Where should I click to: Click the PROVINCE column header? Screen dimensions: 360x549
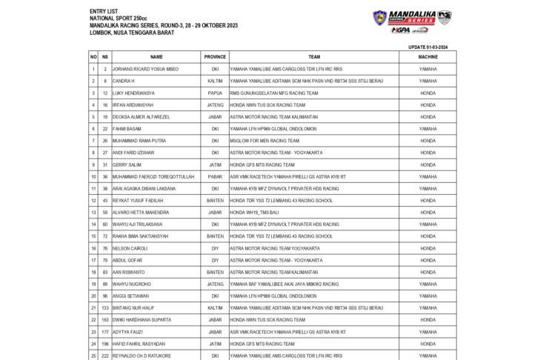tap(215, 56)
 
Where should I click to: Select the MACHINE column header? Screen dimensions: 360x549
tap(427, 56)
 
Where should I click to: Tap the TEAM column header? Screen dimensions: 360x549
tap(314, 56)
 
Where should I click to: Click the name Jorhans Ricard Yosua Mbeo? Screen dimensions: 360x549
tap(145, 69)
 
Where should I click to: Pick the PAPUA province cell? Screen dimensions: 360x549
tap(215, 93)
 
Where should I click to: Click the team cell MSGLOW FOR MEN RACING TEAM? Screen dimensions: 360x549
tap(264, 141)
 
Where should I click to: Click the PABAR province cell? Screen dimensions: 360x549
tap(215, 176)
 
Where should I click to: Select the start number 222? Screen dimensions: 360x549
tap(105, 356)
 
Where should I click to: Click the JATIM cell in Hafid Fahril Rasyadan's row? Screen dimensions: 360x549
tap(215, 344)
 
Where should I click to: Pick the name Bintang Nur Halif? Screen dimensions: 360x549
tap(133, 307)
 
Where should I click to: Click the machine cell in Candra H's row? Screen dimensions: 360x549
tap(427, 81)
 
